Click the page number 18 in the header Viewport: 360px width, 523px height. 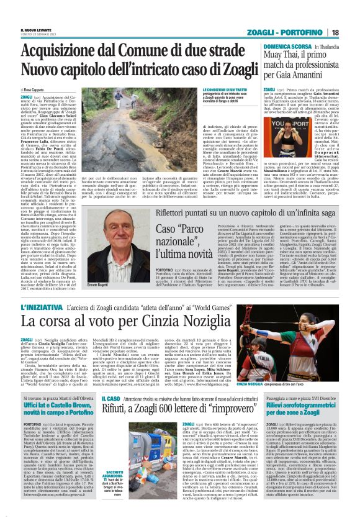coord(352,32)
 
